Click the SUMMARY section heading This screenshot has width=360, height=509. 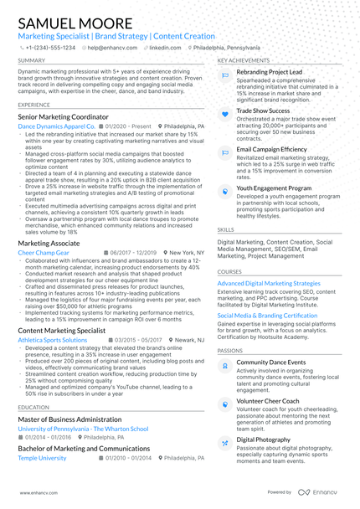(32, 61)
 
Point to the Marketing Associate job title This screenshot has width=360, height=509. (49, 243)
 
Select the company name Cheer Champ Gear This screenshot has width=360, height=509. (43, 251)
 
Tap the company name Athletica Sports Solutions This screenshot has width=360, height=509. (53, 341)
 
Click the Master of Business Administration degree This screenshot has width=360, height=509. (69, 419)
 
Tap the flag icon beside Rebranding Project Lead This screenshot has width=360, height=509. (225, 75)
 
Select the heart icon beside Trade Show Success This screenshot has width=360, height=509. (225, 112)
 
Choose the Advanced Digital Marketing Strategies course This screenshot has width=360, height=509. (269, 284)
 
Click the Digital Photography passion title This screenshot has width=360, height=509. (264, 439)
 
